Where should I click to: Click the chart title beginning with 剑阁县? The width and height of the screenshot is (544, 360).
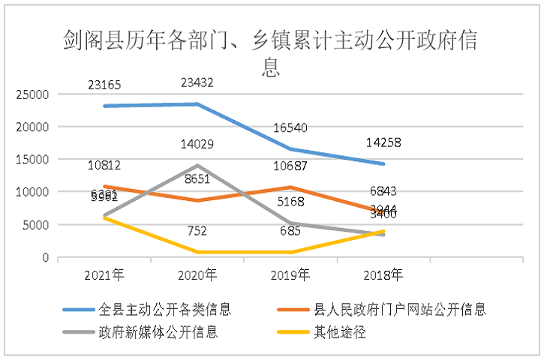(x=271, y=52)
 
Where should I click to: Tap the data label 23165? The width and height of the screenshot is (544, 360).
(x=106, y=85)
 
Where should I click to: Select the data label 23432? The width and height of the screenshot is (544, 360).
(x=197, y=83)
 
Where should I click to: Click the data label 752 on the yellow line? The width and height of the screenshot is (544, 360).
(x=197, y=231)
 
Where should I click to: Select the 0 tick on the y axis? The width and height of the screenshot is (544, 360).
(x=45, y=258)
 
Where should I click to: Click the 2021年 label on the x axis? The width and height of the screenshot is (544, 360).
(x=104, y=274)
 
